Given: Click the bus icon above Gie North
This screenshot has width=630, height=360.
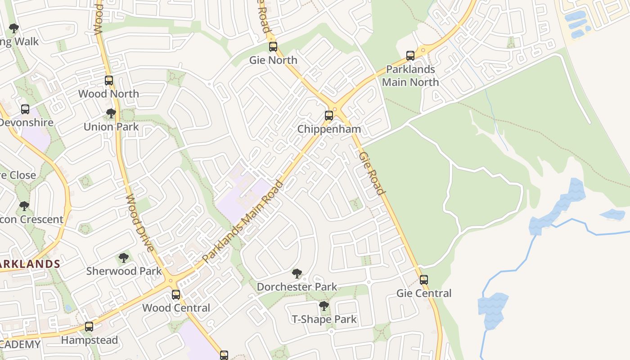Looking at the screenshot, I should click(273, 47).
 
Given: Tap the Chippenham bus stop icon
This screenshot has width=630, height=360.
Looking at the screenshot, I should click(329, 116).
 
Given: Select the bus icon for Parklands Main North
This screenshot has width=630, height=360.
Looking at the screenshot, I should click(410, 56).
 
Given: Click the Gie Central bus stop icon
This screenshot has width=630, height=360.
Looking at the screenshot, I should click(423, 280).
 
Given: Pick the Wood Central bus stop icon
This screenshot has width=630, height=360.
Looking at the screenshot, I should click(176, 295).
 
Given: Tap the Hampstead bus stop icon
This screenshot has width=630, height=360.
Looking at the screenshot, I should click(89, 327).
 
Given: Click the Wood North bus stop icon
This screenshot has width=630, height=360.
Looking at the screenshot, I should click(109, 81).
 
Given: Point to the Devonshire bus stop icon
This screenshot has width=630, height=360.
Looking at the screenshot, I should click(25, 109).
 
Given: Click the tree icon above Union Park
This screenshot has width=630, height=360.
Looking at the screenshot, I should click(111, 113).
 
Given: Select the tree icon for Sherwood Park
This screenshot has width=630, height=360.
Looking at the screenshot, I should click(124, 258).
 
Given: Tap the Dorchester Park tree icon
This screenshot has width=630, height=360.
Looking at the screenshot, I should click(297, 273).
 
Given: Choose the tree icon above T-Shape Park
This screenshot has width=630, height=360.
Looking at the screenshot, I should click(324, 306).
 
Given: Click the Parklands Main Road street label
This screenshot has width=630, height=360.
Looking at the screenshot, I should click(243, 221).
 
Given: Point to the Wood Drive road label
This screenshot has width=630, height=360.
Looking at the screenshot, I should click(140, 223).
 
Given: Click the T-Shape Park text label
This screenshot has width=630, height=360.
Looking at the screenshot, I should click(324, 319).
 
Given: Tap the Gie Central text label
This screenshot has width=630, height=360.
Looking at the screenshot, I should click(423, 293).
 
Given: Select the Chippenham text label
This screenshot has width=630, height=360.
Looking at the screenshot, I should click(329, 129).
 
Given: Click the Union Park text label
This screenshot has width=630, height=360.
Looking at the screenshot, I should click(111, 127).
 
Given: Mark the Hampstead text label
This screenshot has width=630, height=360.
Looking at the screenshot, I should click(89, 340).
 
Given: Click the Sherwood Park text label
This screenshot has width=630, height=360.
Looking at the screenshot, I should click(124, 271).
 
